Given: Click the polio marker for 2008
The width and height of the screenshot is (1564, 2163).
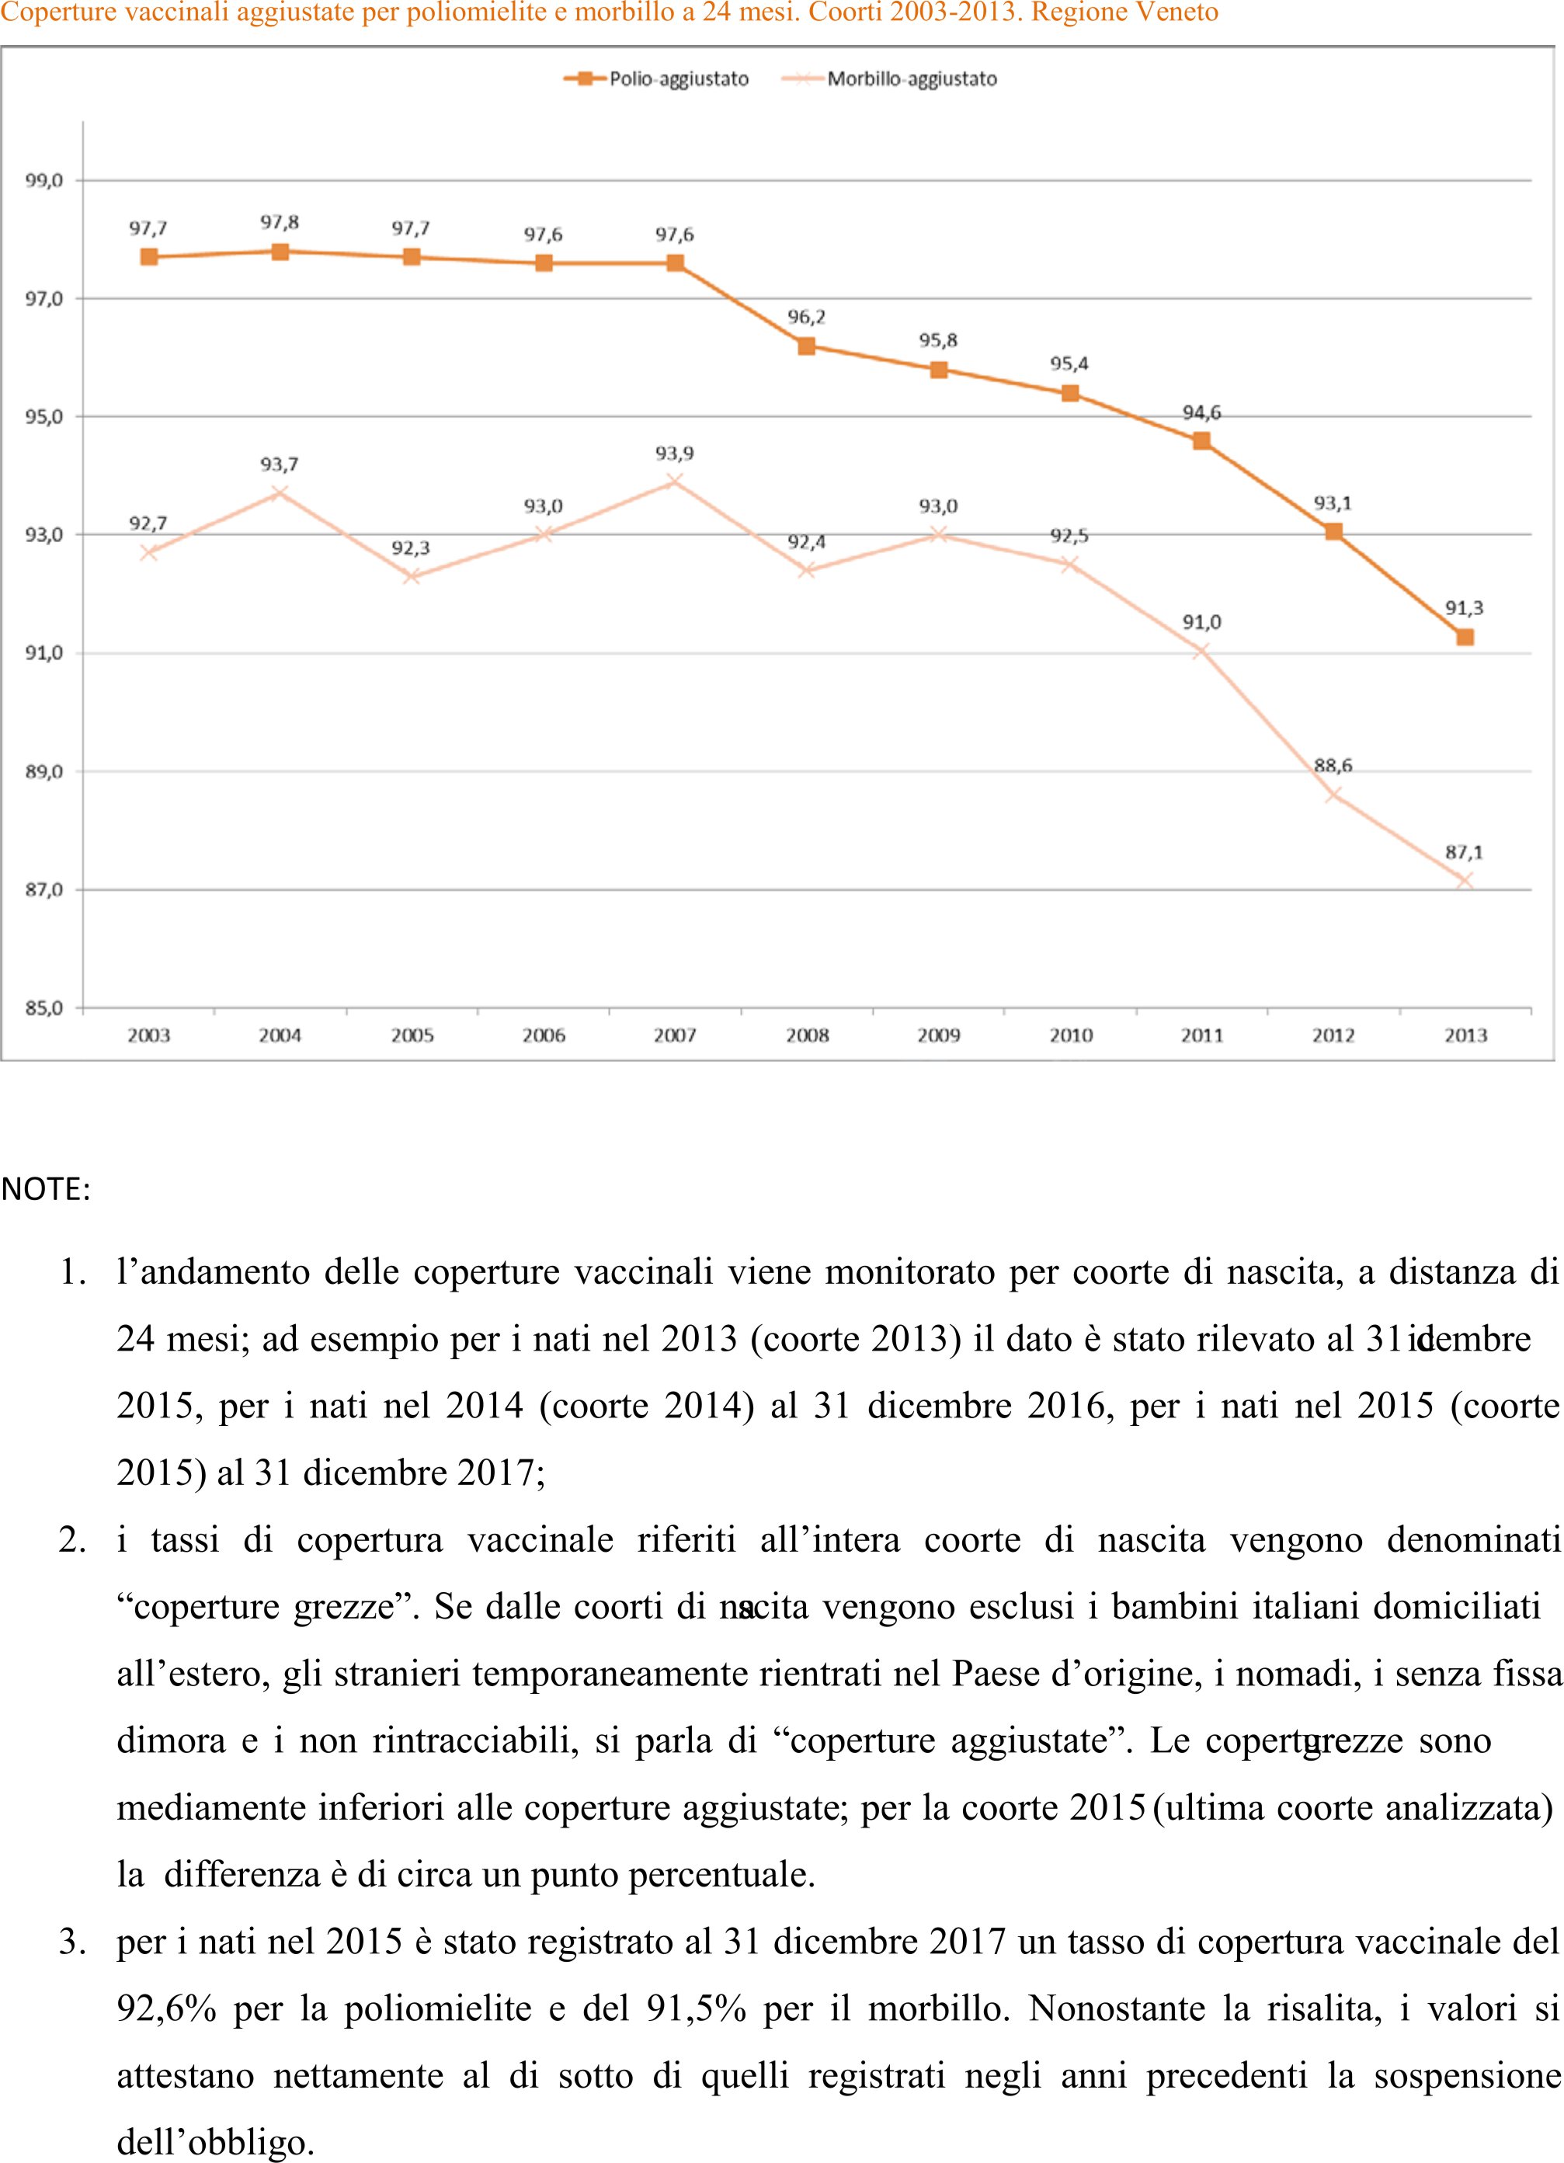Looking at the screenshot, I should pos(807,346).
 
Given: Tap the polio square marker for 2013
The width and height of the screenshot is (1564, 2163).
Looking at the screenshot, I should pos(1465,637).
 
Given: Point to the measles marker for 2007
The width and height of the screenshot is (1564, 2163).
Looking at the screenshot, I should pos(675,482).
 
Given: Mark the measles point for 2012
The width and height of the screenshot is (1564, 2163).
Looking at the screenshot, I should pos(1333,795).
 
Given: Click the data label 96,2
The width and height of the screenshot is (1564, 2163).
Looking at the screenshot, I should pos(807,318).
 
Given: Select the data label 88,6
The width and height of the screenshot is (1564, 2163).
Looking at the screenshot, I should pos(1333,766).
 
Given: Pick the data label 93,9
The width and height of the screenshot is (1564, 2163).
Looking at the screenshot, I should pos(675,454).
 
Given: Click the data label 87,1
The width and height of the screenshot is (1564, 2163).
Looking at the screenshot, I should pos(1465,853).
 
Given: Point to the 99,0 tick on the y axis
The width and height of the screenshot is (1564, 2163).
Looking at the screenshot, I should pos(43,180).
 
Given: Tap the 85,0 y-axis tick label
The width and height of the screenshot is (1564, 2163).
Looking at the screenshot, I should pos(43,1008).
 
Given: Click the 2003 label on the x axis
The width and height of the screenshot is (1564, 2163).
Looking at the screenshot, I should pos(149,1036).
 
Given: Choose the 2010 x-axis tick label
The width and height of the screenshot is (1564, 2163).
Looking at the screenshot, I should pos(1070,1036).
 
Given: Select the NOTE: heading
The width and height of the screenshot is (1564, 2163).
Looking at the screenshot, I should pos(46,1190).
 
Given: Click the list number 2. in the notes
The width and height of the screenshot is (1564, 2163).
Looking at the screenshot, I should pos(72,1540).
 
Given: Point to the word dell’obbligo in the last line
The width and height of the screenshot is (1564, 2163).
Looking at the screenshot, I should pos(216,2143).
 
